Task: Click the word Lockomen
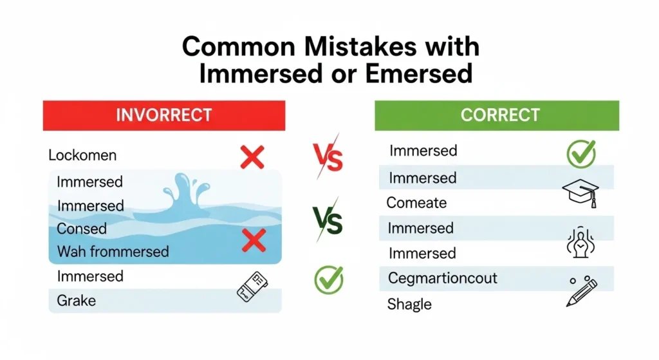pyautogui.click(x=82, y=155)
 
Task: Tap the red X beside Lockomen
pyautogui.click(x=252, y=156)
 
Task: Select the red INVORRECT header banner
pyautogui.click(x=163, y=115)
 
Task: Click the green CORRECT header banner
pyautogui.click(x=497, y=115)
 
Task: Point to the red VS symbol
pyautogui.click(x=327, y=156)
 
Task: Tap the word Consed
pyautogui.click(x=82, y=229)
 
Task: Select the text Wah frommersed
pyautogui.click(x=113, y=251)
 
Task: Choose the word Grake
pyautogui.click(x=76, y=300)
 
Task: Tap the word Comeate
pyautogui.click(x=416, y=203)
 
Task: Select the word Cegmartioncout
pyautogui.click(x=443, y=278)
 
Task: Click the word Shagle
pyautogui.click(x=409, y=304)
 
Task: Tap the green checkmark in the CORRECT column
pyautogui.click(x=580, y=153)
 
